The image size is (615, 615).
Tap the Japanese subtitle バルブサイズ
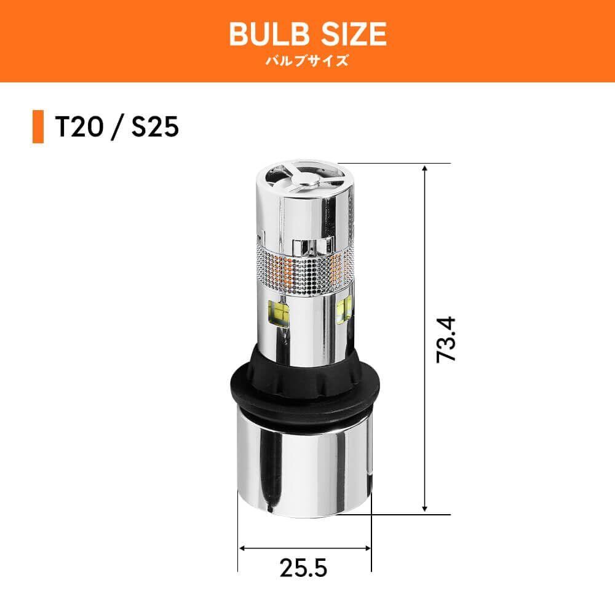click(x=307, y=61)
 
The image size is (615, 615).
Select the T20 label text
click(x=80, y=127)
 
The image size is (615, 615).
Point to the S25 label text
click(x=155, y=127)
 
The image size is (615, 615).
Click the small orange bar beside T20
click(x=38, y=127)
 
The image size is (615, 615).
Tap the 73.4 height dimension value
click(x=446, y=339)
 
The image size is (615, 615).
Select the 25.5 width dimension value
click(x=303, y=567)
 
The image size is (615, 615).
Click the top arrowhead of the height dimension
click(x=424, y=168)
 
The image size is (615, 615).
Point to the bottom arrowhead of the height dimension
click(x=424, y=509)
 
